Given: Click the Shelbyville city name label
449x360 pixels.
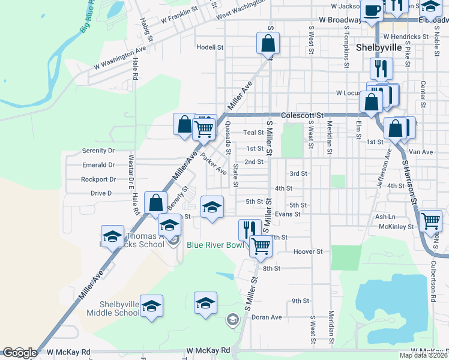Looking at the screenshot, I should point(379,47).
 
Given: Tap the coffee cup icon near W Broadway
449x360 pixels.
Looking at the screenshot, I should point(372,10).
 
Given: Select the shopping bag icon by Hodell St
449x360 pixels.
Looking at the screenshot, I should point(267,43).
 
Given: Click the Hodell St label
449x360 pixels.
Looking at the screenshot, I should point(209,47).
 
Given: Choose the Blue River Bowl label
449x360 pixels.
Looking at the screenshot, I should point(215,244).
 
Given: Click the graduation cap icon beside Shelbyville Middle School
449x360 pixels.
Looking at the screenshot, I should point(152,305).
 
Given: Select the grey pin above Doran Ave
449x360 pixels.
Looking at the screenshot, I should point(232,320).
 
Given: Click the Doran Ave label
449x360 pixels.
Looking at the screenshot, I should point(267,317).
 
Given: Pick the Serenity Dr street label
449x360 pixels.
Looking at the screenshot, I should point(98,151).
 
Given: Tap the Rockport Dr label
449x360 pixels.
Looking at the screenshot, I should point(98,179).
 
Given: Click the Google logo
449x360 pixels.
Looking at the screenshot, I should point(20,353).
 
